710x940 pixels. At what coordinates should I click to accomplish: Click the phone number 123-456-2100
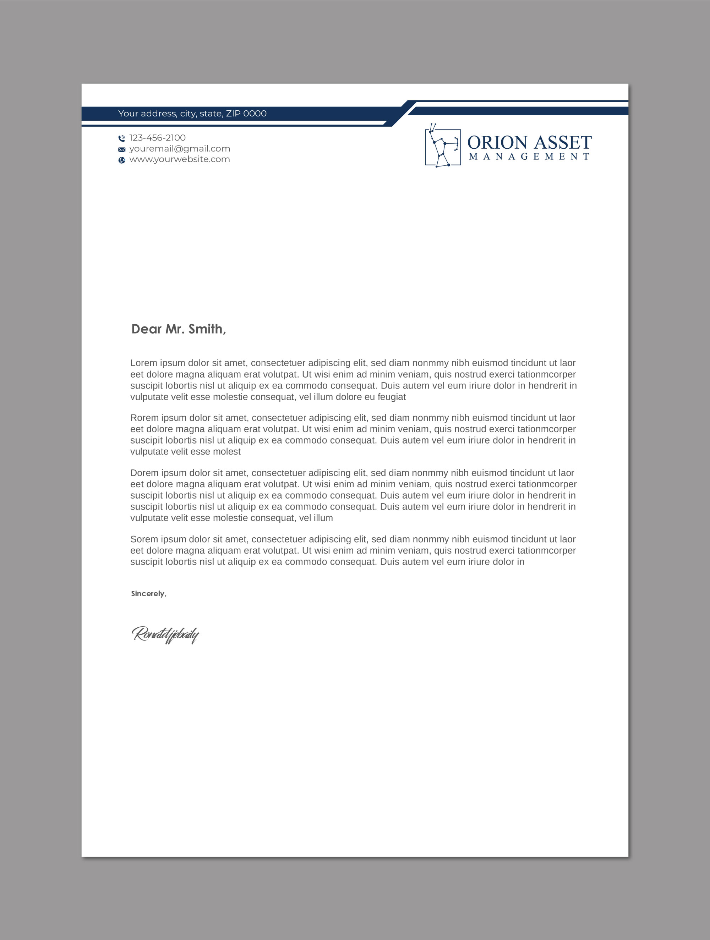pos(157,138)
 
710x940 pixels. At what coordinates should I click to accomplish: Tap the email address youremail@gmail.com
pos(179,149)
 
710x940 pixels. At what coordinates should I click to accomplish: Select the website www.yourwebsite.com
pos(179,159)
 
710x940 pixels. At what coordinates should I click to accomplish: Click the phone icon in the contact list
pos(122,138)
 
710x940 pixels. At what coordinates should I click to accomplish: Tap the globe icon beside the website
pos(122,160)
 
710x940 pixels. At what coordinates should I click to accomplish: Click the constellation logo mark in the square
pos(443,146)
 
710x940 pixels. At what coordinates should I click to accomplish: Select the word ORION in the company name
pos(497,143)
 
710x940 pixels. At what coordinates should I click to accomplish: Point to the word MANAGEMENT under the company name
pos(529,157)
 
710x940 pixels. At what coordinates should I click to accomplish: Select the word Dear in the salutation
pos(146,329)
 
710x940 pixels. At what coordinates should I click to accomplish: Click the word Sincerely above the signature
pos(148,594)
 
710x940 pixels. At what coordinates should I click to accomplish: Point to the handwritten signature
pos(165,635)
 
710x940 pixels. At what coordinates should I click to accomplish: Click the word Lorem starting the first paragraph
pos(144,363)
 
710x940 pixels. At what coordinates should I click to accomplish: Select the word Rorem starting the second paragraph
pos(144,418)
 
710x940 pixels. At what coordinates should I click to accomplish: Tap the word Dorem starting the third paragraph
pos(144,473)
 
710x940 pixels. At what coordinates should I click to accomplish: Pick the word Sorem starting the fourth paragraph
pos(144,539)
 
